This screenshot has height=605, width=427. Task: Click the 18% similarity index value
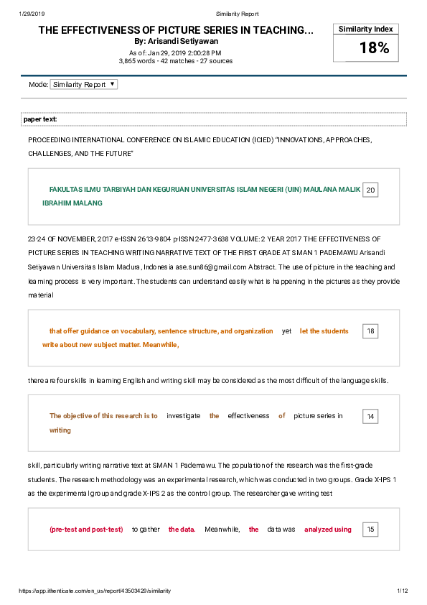[x=374, y=48]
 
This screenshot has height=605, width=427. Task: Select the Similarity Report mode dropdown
[x=84, y=85]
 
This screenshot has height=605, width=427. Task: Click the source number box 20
[x=370, y=190]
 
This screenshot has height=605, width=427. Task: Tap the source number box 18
[x=370, y=331]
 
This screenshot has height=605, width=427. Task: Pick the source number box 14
[x=370, y=416]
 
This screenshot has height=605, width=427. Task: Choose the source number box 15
[x=370, y=530]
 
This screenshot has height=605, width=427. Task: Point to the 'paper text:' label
[x=40, y=119]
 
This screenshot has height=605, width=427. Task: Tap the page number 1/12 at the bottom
[x=402, y=591]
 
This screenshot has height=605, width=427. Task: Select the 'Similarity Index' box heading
[x=366, y=29]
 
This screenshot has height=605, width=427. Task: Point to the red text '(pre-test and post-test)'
[x=86, y=530]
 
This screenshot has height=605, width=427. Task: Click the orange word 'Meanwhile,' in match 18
[x=160, y=344]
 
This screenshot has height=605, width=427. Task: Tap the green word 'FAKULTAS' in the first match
[x=67, y=190]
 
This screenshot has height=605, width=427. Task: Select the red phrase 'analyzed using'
[x=328, y=530]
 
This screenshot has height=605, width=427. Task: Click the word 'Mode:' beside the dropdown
[x=38, y=85]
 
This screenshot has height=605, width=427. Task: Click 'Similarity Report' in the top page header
[x=237, y=14]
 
